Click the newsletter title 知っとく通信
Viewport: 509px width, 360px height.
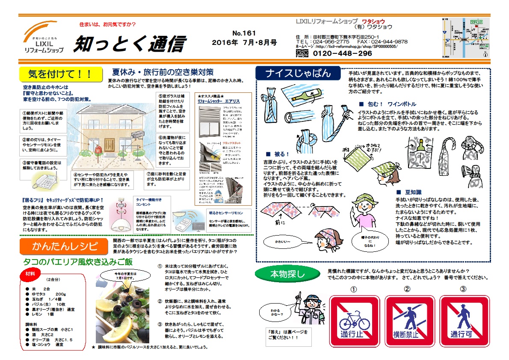(129, 44)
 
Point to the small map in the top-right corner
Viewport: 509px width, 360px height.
(466, 38)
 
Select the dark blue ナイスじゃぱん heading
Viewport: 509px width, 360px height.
(298, 73)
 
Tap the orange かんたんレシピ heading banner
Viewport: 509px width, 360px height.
(64, 246)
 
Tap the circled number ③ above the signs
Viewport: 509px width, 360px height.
(463, 289)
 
